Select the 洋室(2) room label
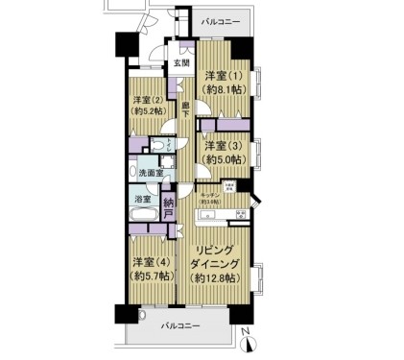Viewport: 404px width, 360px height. point(147,99)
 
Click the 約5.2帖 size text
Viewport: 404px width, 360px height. point(147,111)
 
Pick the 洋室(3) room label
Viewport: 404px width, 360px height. point(222,145)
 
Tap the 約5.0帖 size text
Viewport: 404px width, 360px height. point(222,158)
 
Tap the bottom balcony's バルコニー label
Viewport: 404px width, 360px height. point(180,327)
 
